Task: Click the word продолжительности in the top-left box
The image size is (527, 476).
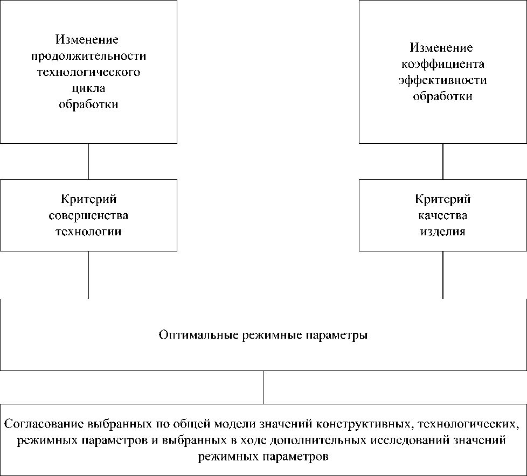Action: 88,56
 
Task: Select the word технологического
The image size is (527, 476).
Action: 88,72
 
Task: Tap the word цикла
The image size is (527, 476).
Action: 88,88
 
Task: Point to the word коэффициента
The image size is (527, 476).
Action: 443,65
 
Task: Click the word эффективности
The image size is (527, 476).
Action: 443,81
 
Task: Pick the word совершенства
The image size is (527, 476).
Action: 88,216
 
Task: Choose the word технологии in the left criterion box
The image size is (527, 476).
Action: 88,232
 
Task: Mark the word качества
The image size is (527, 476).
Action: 443,216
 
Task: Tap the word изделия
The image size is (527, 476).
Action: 443,232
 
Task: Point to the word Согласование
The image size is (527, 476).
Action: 36,423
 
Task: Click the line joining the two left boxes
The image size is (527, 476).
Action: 88,162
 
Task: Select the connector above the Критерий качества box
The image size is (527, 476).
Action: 443,162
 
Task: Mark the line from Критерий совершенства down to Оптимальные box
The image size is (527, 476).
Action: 88,275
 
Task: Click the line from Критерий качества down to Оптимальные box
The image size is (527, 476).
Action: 443,275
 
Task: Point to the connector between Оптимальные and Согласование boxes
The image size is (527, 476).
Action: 263,387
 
